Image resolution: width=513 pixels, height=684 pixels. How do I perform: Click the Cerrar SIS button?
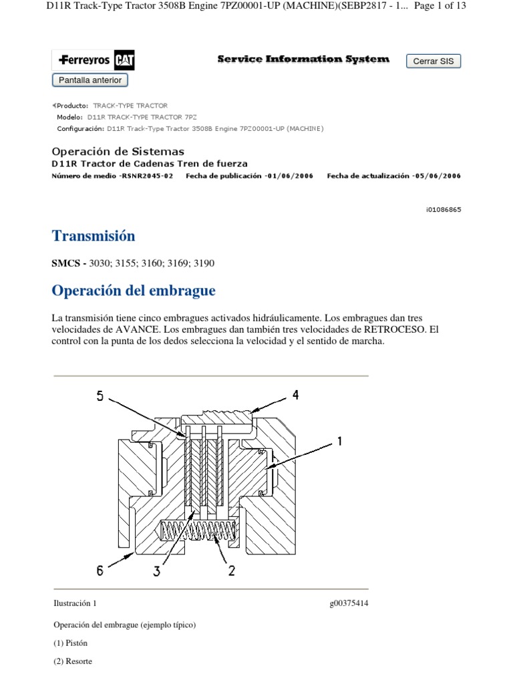[434, 61]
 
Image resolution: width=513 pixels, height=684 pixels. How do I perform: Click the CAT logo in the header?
[124, 61]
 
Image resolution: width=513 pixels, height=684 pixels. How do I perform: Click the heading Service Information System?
[303, 59]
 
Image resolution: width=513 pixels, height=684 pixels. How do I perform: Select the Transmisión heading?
[94, 236]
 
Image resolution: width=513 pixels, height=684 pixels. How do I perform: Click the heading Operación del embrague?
[134, 291]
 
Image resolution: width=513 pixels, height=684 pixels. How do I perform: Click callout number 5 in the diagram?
[100, 396]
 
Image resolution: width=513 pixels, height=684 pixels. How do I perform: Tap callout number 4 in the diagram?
[295, 395]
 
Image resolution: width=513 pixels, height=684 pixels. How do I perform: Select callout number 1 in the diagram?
[339, 441]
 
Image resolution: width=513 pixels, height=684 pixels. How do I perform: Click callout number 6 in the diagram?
[100, 570]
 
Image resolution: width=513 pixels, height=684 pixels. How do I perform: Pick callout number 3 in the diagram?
[157, 571]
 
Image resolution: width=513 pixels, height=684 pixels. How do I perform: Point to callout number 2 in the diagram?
[230, 571]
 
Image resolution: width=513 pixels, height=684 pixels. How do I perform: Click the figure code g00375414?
[349, 603]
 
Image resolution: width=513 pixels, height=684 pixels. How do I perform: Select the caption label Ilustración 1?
[75, 603]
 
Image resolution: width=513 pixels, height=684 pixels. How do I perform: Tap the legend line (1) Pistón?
[70, 643]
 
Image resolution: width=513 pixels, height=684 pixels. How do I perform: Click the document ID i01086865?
[443, 209]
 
